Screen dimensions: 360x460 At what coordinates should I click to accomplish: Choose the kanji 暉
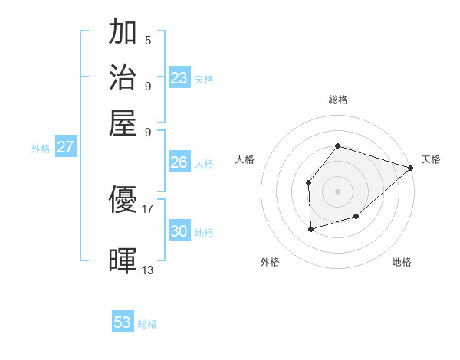[123, 261]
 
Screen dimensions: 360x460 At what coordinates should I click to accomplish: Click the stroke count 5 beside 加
[148, 41]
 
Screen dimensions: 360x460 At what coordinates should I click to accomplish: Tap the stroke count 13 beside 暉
[148, 270]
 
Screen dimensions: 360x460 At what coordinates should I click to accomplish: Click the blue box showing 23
[179, 78]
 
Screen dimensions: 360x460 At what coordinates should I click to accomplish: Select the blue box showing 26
[179, 162]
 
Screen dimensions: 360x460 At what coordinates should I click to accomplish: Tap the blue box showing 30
[179, 231]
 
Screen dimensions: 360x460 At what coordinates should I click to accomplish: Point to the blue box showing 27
[66, 147]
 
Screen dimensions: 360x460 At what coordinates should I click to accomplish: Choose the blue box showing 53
[123, 322]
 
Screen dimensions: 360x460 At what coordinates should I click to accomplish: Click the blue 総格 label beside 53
[147, 324]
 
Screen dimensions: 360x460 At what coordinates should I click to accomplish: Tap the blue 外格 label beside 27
[41, 149]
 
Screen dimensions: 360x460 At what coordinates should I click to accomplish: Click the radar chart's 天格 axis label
[431, 159]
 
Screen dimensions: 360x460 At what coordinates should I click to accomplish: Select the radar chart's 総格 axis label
[337, 100]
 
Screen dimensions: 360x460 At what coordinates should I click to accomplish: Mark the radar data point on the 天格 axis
[411, 168]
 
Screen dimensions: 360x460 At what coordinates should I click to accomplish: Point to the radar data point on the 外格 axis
[310, 229]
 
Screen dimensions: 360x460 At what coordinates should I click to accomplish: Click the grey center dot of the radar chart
[337, 191]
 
